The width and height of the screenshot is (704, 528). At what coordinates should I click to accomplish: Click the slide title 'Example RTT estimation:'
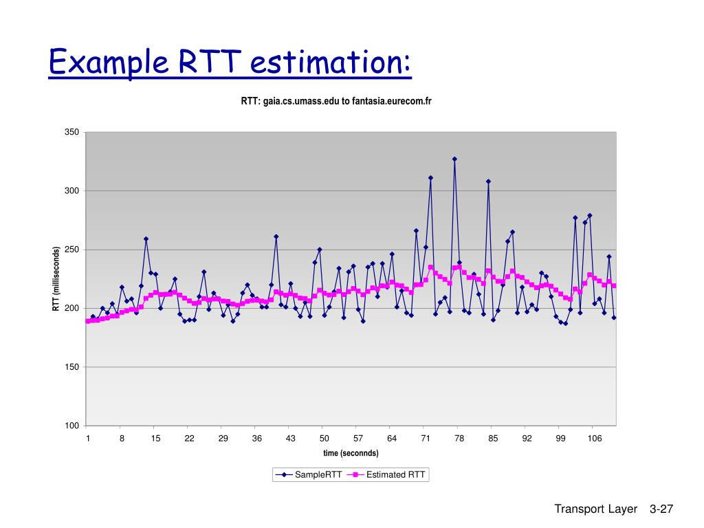(230, 63)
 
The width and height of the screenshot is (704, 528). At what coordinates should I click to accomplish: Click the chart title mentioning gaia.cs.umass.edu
(335, 102)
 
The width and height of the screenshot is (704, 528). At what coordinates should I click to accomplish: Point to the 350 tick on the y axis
(72, 132)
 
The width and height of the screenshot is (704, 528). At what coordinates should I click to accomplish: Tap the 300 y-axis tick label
(72, 190)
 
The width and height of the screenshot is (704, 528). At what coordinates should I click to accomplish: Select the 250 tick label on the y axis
(72, 250)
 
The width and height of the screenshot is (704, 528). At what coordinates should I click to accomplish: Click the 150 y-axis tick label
(72, 367)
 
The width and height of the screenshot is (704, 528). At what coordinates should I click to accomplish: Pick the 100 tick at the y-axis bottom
(72, 426)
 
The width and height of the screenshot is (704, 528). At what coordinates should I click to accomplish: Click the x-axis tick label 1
(88, 439)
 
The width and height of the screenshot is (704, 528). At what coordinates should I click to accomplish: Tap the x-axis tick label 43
(291, 439)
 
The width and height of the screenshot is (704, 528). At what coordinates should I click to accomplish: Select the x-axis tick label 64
(392, 439)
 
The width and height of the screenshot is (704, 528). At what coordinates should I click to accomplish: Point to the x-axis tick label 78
(459, 439)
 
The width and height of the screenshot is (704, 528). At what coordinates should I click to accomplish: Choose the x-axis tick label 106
(595, 439)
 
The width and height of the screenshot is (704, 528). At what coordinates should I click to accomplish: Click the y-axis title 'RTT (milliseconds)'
(57, 278)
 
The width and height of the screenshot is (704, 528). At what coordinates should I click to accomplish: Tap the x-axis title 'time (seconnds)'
(351, 453)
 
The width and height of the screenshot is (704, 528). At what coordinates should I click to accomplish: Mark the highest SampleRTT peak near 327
(454, 159)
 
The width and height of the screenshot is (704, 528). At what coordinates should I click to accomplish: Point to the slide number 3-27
(661, 509)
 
